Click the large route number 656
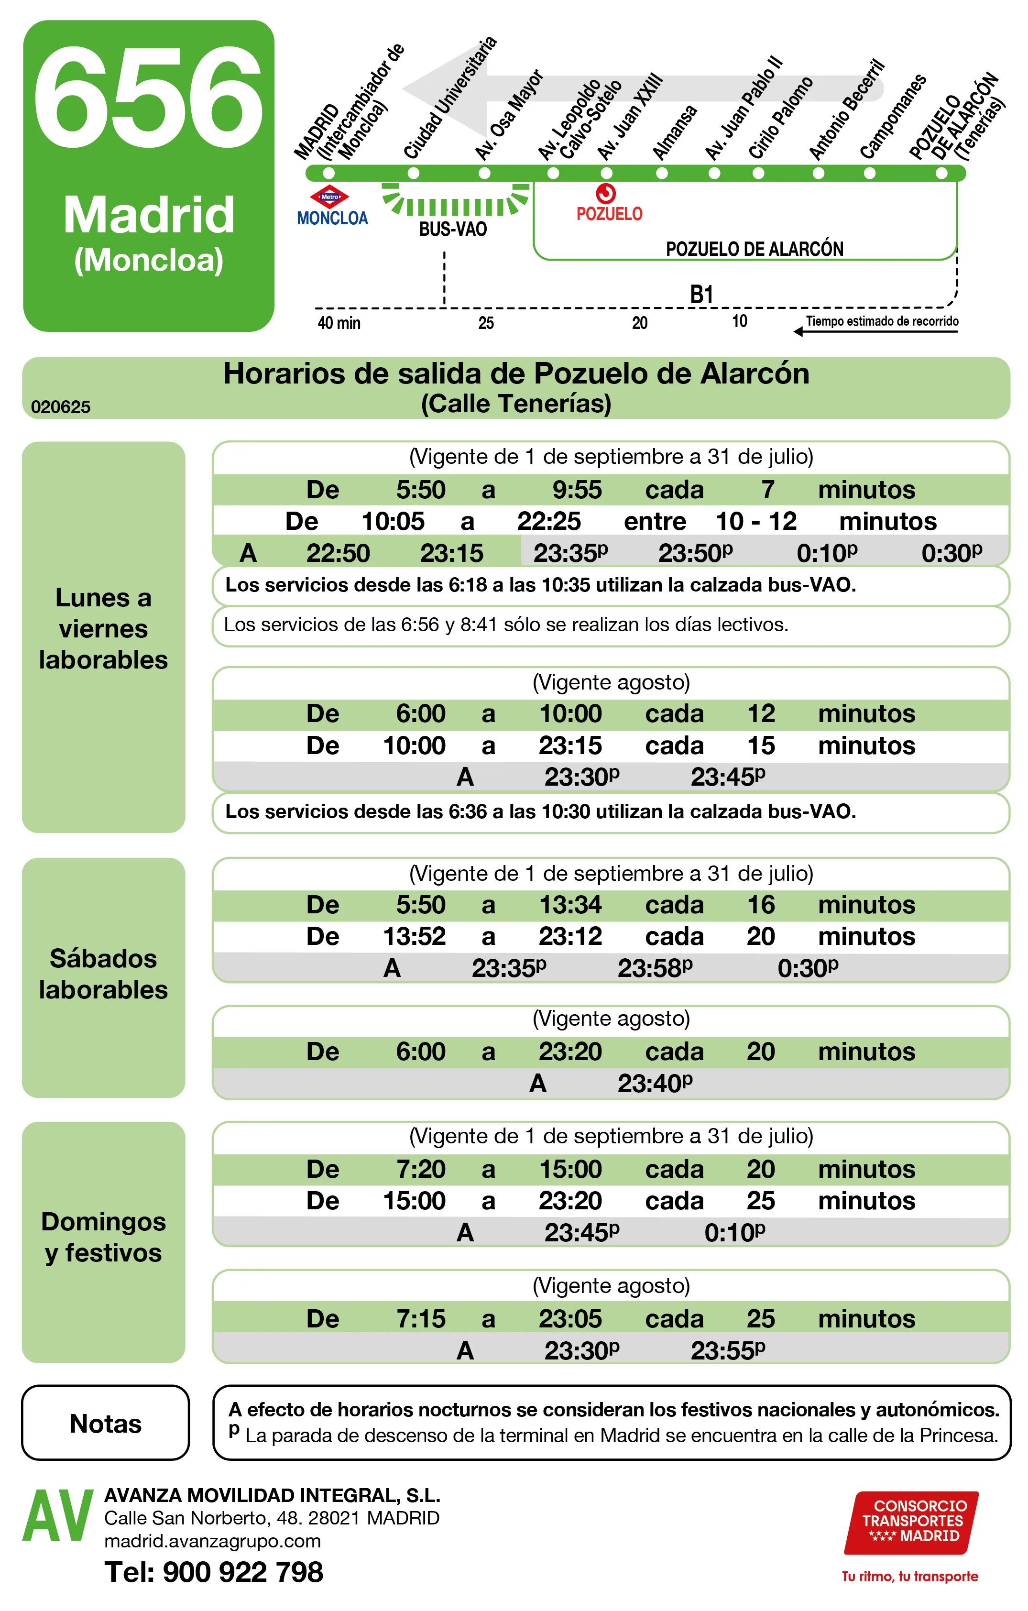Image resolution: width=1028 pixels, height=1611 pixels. coord(149,99)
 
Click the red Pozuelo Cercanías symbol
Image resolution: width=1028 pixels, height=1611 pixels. coord(605,193)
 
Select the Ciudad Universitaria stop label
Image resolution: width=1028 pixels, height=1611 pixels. coord(449,99)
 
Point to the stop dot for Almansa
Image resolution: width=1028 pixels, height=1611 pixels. coord(661,173)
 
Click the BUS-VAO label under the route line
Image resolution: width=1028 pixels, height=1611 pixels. coord(453,230)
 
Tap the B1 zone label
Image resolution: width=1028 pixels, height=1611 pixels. coord(701,295)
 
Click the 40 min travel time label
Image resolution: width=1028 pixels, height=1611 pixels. coord(339,323)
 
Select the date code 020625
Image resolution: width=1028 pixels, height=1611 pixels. coord(61,407)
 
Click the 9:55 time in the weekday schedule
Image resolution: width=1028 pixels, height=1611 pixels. coord(577,490)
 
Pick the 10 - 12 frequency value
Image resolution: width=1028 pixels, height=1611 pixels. coord(756,521)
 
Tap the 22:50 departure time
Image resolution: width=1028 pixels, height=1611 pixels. coord(338,553)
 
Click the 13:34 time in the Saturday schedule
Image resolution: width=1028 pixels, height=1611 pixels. coord(570,905)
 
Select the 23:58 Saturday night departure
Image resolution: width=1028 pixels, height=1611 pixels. coord(654,968)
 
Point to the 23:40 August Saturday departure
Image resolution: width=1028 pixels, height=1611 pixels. coord(654,1083)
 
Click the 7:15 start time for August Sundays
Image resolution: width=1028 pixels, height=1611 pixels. coord(421,1319)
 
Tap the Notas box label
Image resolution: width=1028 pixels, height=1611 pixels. coord(106,1423)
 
